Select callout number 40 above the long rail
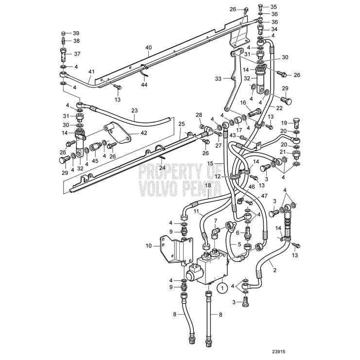149,48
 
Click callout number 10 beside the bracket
149,246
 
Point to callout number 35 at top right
274,7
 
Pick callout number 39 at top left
76,33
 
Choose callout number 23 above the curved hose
135,110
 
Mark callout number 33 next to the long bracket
218,78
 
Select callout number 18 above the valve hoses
208,186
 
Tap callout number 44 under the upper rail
144,85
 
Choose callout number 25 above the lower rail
181,124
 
